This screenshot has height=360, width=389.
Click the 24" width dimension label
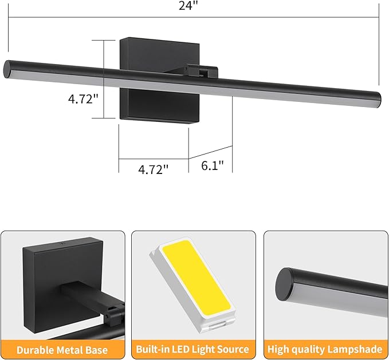point(188,6)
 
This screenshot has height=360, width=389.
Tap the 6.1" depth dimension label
point(213,165)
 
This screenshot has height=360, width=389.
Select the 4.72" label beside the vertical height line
point(84,100)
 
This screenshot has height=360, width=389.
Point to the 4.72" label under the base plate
point(154,169)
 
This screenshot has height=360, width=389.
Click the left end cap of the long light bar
point(7,69)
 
